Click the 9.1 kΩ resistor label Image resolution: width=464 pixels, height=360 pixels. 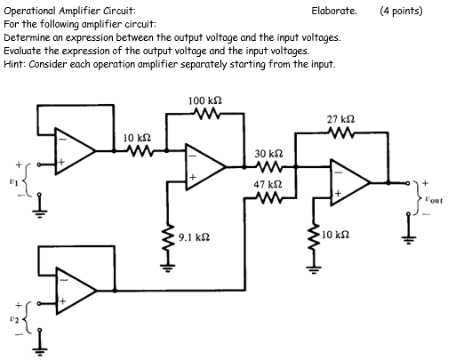[194, 238]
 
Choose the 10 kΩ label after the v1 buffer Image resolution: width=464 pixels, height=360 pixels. [137, 139]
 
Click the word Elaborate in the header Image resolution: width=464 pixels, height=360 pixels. [334, 12]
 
